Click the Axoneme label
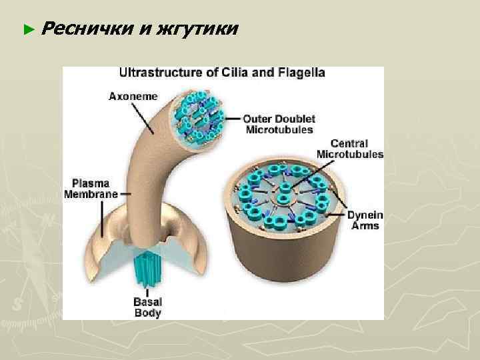(x=133, y=96)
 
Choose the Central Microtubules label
(x=350, y=149)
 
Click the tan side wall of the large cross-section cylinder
(x=280, y=260)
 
